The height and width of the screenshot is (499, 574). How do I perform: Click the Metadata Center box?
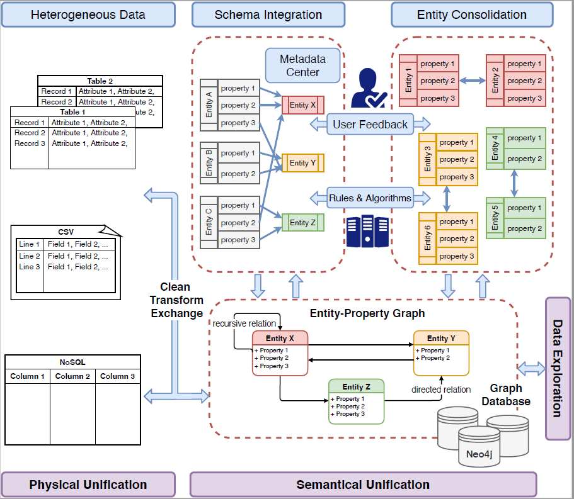point(302,65)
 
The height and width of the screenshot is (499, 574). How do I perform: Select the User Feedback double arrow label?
point(370,124)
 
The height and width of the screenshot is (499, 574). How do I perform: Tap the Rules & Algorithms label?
point(370,198)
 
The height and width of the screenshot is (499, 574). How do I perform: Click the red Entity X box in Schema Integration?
point(302,105)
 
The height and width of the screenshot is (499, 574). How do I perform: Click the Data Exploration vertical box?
point(558,368)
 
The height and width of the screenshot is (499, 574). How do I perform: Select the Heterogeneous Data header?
point(88,14)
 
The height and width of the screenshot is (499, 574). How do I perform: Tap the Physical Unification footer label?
point(88,485)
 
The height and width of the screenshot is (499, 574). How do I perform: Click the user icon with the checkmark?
point(369,89)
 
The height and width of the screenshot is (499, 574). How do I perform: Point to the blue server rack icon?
point(367,230)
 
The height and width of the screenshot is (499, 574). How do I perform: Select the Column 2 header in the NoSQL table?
point(72,376)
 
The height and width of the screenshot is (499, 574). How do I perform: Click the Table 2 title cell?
point(100,81)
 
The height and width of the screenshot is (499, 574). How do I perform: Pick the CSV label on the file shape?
point(66,232)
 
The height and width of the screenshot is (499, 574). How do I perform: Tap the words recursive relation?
point(244,323)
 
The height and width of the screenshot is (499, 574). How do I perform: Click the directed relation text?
point(441,390)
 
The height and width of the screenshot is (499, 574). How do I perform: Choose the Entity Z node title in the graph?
point(356,386)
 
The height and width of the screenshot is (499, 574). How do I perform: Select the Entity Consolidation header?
point(472,14)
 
